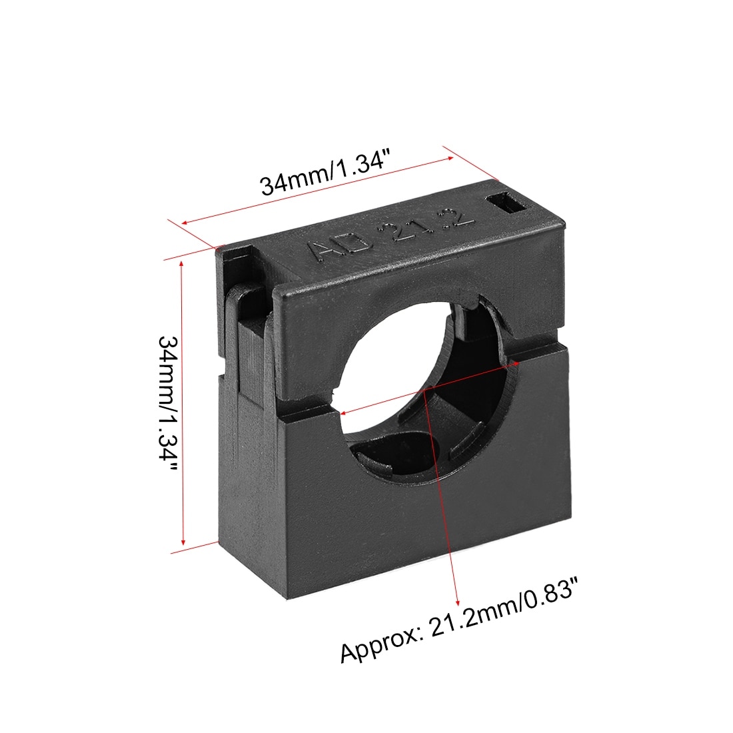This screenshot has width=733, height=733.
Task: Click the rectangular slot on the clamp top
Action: (x=508, y=204)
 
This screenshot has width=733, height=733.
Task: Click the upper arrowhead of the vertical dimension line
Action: (x=182, y=265)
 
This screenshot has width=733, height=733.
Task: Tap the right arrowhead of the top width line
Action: (x=449, y=159)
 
